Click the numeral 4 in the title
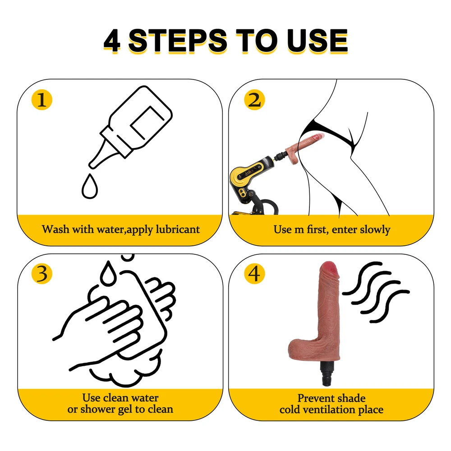[112, 41]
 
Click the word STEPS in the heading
[178, 41]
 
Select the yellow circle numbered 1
[41, 100]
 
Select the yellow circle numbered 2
[254, 100]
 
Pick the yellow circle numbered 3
[41, 274]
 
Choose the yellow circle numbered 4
[254, 274]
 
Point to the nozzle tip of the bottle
[92, 166]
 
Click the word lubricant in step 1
[178, 230]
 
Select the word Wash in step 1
[55, 229]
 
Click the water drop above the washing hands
[108, 273]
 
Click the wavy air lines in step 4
[376, 292]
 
